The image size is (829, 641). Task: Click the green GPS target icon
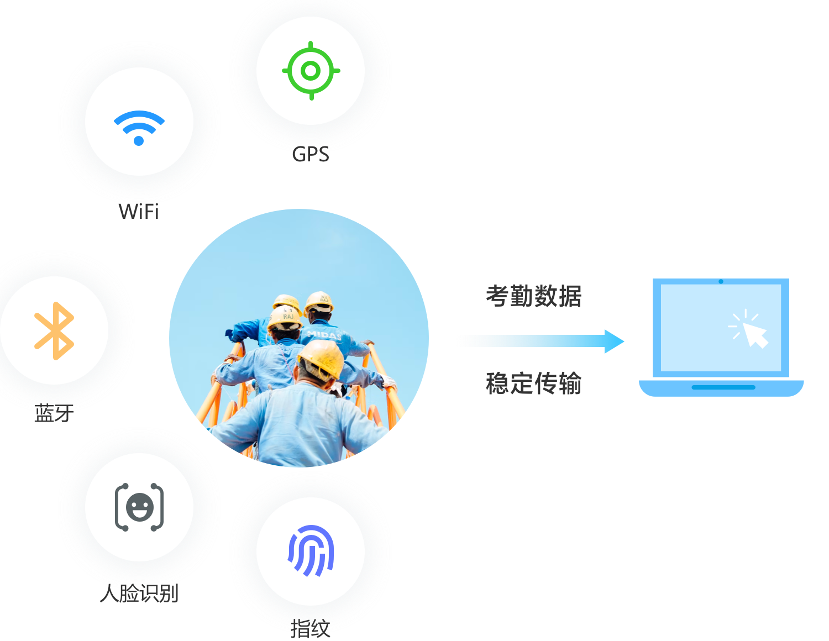point(311,71)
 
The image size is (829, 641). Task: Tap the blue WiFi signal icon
point(139,128)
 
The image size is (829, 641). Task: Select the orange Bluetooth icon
point(54,330)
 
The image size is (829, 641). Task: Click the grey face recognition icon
point(139,507)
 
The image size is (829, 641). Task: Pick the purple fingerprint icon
point(311,550)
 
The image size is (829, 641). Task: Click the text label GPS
point(311,154)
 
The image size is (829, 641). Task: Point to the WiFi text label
point(139,211)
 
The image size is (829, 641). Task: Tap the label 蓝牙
point(54,413)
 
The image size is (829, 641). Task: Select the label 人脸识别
point(139,593)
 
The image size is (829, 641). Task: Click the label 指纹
point(310,628)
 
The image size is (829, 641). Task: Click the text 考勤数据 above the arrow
point(533,296)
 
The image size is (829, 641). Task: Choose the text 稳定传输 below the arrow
point(533,383)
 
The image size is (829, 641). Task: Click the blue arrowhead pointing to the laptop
point(614,341)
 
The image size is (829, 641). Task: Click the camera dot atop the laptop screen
point(721,281)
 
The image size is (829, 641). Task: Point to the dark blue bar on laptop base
point(723,387)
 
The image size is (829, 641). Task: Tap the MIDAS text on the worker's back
point(324,335)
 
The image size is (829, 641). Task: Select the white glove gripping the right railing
point(389,382)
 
